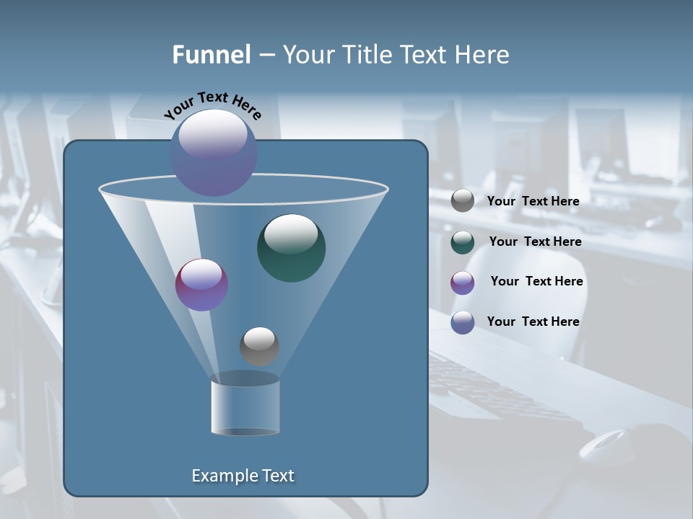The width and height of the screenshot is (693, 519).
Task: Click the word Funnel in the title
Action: (x=212, y=55)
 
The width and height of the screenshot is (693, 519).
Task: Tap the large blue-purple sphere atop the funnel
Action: (x=214, y=152)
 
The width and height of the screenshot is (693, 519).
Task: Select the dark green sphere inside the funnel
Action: (x=291, y=247)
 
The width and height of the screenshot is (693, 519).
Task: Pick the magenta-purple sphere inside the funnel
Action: (x=201, y=285)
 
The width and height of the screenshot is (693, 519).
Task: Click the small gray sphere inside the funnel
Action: (x=259, y=346)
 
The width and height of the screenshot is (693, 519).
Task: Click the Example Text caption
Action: (x=243, y=476)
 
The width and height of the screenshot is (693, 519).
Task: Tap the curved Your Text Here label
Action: (x=213, y=105)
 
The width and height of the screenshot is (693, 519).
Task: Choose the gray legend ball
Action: (x=463, y=200)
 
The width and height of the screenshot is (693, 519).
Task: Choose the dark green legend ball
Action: (x=463, y=241)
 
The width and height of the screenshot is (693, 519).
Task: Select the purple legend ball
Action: (x=463, y=282)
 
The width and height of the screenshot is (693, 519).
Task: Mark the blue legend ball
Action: (x=463, y=322)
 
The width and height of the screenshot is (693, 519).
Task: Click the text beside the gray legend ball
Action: (x=533, y=201)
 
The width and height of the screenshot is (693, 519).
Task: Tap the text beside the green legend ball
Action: (x=535, y=241)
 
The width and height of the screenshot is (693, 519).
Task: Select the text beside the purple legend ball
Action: (x=536, y=281)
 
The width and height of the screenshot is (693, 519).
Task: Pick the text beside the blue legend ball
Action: (x=533, y=321)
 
